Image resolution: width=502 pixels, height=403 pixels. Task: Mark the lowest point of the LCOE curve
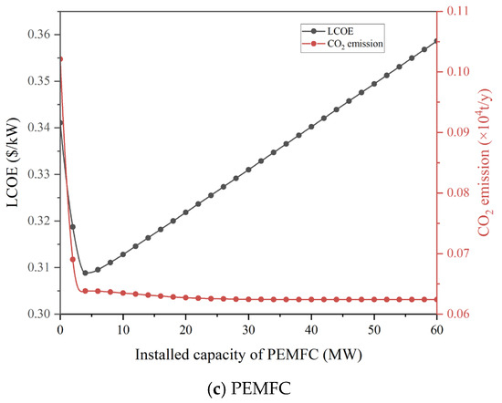[x=85, y=273]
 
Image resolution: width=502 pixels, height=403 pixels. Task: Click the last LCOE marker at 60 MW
[x=436, y=41]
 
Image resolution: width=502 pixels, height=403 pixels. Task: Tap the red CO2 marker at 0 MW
[x=60, y=58]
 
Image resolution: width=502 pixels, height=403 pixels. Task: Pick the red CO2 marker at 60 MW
[x=436, y=299]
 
